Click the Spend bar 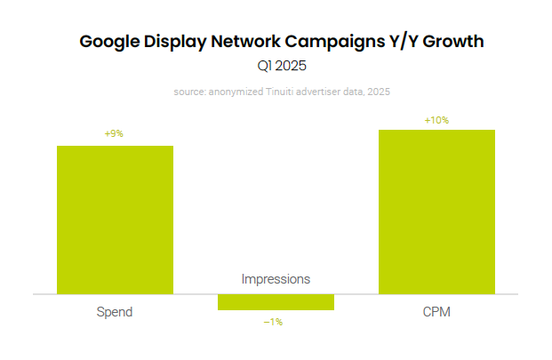[115, 220]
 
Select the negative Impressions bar [276, 302]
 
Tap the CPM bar [436, 212]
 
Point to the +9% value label [114, 133]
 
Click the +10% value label [436, 120]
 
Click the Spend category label [115, 313]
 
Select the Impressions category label [276, 279]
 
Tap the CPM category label [436, 313]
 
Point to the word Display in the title [177, 41]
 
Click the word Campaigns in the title [332, 41]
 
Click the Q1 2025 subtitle [276, 65]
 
